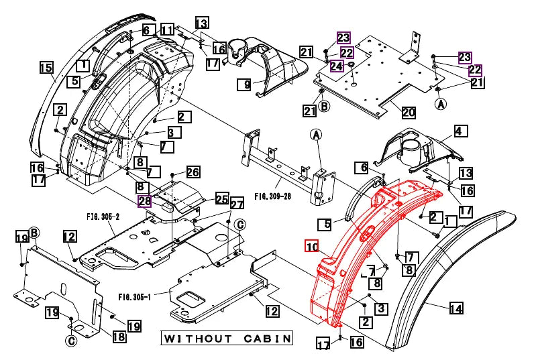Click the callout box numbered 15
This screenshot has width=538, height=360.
[x=46, y=68]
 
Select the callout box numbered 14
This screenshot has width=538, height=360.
[x=455, y=309]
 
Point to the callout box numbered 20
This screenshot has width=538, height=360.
[x=409, y=111]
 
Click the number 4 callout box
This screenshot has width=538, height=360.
[x=460, y=131]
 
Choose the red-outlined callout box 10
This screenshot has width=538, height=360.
[x=312, y=246]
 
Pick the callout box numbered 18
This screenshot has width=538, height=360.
[x=119, y=337]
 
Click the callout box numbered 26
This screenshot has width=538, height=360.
[x=193, y=173]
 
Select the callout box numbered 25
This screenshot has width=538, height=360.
[x=221, y=198]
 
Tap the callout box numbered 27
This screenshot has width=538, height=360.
[x=237, y=204]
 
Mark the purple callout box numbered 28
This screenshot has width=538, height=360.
[x=145, y=201]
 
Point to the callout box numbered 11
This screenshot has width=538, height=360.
[x=167, y=30]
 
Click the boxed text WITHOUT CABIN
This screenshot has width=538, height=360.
[x=227, y=338]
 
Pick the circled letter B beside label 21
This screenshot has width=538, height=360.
[x=325, y=106]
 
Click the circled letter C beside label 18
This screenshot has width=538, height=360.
[x=70, y=341]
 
